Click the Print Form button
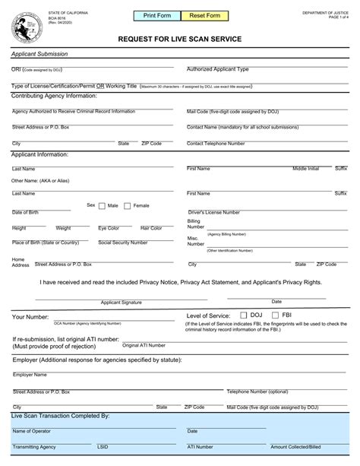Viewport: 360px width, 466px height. click(156, 15)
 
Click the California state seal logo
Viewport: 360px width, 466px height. click(24, 29)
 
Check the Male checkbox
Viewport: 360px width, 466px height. click(103, 205)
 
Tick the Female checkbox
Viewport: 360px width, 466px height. click(128, 205)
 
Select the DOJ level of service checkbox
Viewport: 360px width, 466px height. click(243, 314)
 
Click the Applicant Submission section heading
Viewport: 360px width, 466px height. click(39, 54)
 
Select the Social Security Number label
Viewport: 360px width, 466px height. click(123, 243)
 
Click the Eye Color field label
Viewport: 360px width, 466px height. click(109, 228)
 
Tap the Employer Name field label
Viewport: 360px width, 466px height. click(30, 375)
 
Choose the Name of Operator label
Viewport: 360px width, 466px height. click(31, 431)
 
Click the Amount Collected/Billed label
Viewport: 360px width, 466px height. click(296, 447)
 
